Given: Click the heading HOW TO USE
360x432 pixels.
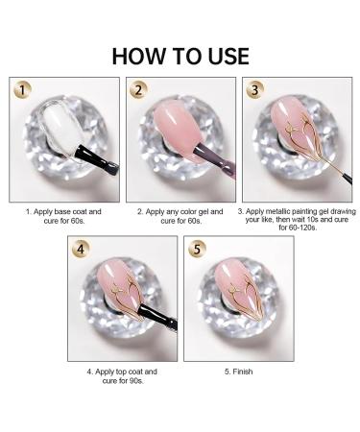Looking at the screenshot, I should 180,55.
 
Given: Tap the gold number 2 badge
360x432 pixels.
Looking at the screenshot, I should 141,92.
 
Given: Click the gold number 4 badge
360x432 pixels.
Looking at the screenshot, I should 83,250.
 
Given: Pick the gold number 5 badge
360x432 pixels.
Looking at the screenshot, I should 199,250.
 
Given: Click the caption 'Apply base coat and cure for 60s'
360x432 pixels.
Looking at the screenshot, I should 62,214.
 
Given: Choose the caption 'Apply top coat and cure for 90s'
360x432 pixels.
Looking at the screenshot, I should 121,374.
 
